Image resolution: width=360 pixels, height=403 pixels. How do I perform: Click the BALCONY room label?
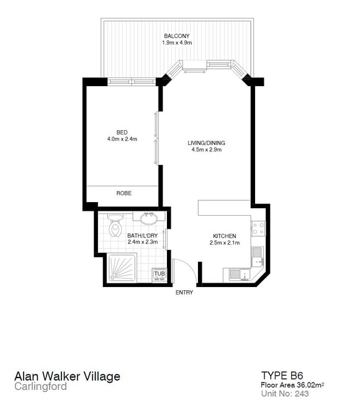point(176,36)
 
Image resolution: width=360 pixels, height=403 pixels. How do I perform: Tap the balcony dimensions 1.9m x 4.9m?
point(177,43)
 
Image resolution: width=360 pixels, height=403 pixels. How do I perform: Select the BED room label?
point(122,132)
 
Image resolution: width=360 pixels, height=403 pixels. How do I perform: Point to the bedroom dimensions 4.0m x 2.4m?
point(122,139)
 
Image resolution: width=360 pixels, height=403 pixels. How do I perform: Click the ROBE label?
point(124,193)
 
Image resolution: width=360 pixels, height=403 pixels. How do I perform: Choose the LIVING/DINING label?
point(206,143)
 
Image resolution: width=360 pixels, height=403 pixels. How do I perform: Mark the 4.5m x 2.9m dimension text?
point(207,149)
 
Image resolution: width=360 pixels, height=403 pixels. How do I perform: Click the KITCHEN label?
point(225,236)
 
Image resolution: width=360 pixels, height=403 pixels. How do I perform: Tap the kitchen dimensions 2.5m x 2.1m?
point(225,242)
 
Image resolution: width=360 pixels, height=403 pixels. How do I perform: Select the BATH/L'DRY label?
point(143,235)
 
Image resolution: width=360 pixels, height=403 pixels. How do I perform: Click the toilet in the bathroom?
point(115,226)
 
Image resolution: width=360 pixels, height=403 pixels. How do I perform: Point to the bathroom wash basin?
point(149,219)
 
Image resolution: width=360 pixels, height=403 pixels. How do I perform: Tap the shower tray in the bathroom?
point(122,268)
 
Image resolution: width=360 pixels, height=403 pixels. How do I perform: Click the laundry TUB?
point(160,275)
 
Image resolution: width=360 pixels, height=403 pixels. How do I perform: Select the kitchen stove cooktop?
point(258,228)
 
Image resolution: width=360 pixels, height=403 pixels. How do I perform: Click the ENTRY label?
point(184,292)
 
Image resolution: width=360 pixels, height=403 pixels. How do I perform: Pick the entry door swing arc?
point(191,267)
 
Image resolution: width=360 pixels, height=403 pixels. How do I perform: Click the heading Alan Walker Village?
point(68,376)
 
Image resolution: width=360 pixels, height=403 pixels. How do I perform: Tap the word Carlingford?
point(41,386)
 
